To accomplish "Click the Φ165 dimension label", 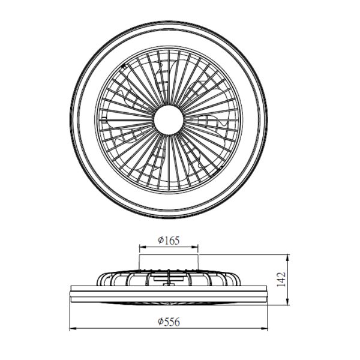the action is pos(169,241).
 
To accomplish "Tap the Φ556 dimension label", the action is pos(169,322).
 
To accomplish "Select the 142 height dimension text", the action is pos(281,279).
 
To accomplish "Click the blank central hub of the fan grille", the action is pos(169,119).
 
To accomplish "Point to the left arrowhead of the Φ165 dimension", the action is pos(143,247).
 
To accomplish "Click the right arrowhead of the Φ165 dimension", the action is pos(195,247).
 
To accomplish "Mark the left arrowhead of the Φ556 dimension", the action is pos(73,329).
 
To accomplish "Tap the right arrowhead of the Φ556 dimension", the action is pos(264,329).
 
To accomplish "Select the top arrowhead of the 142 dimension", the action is pos(288,258).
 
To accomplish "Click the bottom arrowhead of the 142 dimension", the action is pos(288,302).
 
